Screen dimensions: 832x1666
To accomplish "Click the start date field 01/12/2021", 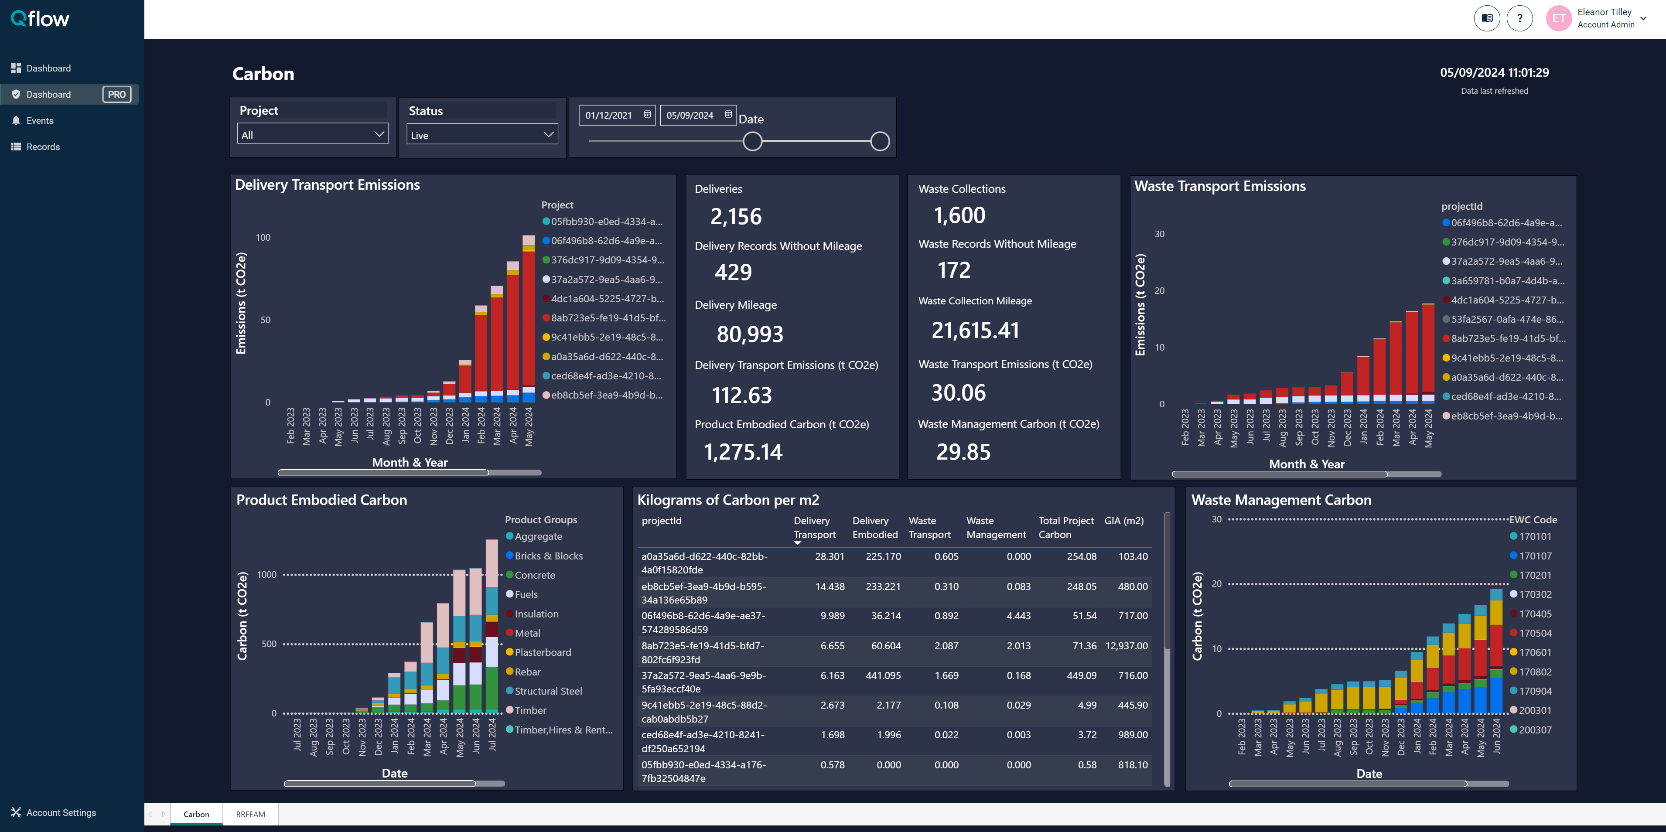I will point(609,116).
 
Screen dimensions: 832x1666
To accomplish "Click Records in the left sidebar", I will point(43,147).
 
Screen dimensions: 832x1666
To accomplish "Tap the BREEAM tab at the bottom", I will point(250,814).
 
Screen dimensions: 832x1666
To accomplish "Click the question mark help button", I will point(1519,18).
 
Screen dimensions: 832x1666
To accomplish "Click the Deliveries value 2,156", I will point(736,217).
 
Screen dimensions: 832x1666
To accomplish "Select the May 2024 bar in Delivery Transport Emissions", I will point(529,317).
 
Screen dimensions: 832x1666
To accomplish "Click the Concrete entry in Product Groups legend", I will point(534,575).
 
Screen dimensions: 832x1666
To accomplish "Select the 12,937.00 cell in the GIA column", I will point(1126,646).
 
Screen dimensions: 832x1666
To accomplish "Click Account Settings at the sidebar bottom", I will point(61,813).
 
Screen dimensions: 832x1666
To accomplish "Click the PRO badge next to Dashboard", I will point(117,94).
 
